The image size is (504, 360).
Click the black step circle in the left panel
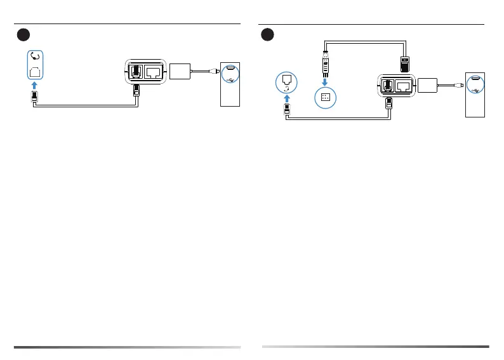[23, 35]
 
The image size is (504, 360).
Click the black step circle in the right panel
[268, 35]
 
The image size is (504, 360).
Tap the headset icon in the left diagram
[35, 57]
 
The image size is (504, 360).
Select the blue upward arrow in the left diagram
[36, 84]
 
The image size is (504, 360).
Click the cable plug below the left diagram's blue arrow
[36, 97]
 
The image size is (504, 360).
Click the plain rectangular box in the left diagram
[181, 72]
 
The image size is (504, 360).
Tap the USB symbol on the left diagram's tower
[231, 80]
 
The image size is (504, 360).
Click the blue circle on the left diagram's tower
[230, 74]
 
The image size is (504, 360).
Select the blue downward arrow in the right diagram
[325, 81]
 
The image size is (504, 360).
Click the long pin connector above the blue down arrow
[325, 61]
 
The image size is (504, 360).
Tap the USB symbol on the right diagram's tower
[476, 88]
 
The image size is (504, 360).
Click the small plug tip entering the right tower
[460, 85]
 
